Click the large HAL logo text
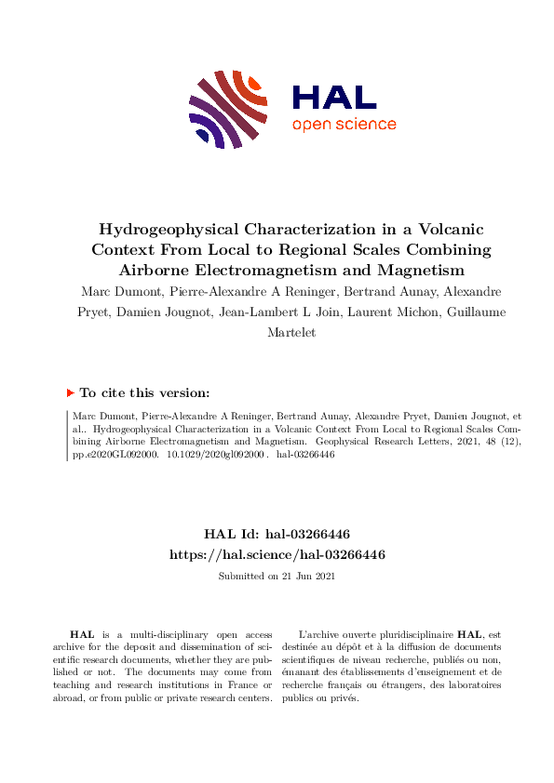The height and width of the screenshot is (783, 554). click(333, 98)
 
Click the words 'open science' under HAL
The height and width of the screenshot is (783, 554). click(344, 125)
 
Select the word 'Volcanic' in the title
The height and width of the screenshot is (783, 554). click(439, 230)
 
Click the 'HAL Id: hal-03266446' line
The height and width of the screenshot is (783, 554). click(277, 535)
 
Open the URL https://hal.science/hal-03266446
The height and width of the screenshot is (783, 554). click(277, 554)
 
